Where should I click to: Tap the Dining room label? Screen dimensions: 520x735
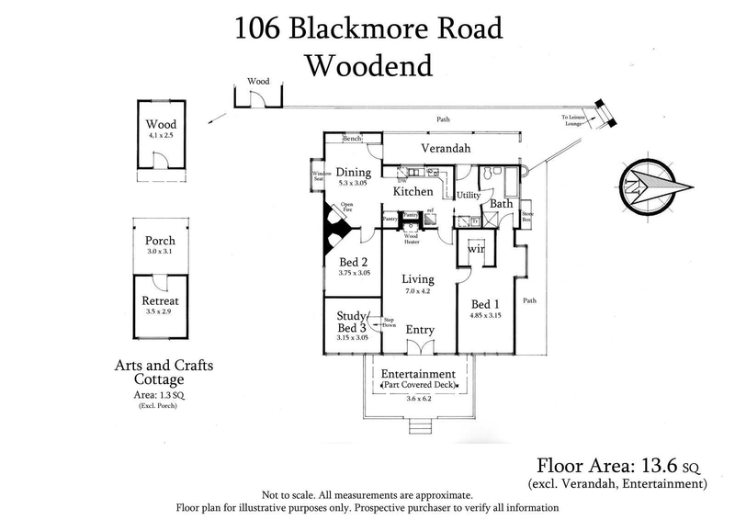click(353, 172)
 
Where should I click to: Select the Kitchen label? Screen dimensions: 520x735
click(413, 192)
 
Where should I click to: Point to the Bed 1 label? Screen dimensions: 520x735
click(487, 304)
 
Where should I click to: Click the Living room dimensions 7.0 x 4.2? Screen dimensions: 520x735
click(418, 291)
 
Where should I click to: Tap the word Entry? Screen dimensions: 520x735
click(419, 330)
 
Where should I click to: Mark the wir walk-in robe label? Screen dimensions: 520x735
click(476, 249)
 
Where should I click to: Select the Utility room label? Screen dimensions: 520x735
click(469, 196)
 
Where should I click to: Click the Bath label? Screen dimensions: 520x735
click(501, 204)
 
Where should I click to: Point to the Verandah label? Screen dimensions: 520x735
click(446, 148)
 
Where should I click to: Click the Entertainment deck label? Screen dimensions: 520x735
click(418, 374)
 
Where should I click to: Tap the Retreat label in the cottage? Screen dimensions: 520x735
click(160, 300)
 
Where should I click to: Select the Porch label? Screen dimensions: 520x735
click(160, 242)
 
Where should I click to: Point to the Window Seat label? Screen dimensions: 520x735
click(321, 176)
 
